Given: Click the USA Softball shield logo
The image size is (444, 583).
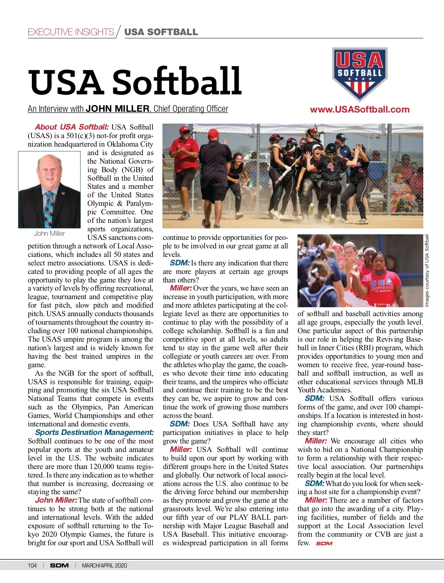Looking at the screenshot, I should pyautogui.click(x=360, y=73).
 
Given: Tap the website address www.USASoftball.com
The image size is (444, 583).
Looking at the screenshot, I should pyautogui.click(x=360, y=110).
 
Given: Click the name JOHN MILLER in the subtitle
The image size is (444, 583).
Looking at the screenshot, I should pyautogui.click(x=117, y=109).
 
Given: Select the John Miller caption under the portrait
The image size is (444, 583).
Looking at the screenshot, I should pyautogui.click(x=49, y=234).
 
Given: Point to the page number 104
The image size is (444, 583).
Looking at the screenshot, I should pyautogui.click(x=32, y=565).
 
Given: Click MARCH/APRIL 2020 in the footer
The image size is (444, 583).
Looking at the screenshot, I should pyautogui.click(x=104, y=565).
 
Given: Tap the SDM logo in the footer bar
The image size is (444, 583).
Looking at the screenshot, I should pyautogui.click(x=59, y=565).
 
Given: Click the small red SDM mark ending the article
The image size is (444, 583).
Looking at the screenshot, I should pyautogui.click(x=324, y=543).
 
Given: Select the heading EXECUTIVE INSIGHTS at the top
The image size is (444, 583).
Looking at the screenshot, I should pyautogui.click(x=71, y=32).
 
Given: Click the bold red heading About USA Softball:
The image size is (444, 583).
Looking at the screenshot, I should pyautogui.click(x=72, y=127).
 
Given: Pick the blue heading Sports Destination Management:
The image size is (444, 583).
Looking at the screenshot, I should pyautogui.click(x=94, y=432).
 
